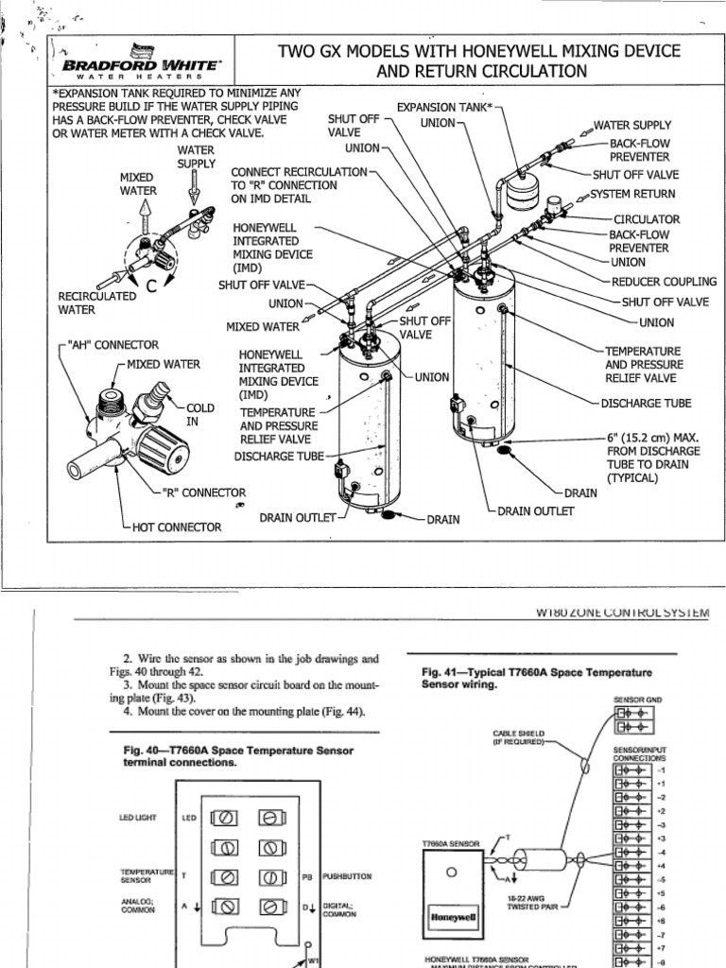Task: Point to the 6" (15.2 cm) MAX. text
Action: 653,437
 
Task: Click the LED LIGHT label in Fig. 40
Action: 139,817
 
